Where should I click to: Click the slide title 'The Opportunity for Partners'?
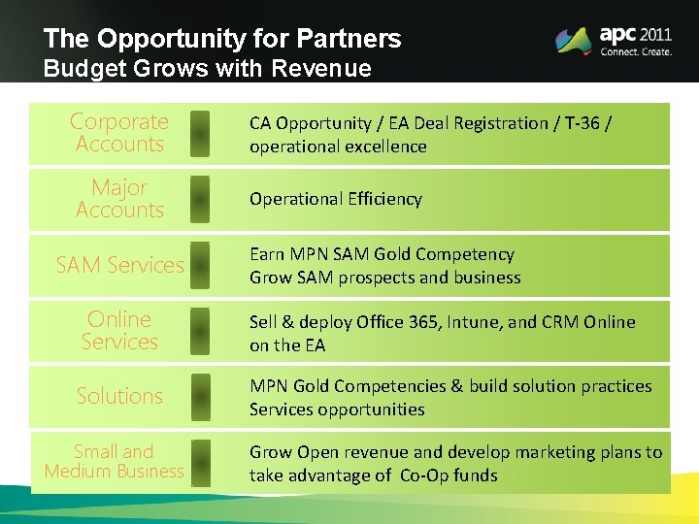[221, 39]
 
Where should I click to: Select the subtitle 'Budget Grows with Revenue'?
[207, 69]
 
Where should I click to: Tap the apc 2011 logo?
[613, 40]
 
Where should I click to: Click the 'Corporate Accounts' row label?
[119, 133]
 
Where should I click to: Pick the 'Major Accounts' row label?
[119, 199]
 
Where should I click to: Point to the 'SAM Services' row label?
[119, 265]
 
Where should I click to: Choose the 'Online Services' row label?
[119, 331]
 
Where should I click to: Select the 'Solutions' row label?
[119, 396]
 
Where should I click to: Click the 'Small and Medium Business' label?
[114, 461]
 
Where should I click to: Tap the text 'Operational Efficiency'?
[336, 199]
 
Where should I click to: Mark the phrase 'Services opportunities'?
[337, 409]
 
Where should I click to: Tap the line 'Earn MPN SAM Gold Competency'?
[382, 254]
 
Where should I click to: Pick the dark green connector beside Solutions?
[199, 396]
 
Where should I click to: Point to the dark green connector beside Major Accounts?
[199, 199]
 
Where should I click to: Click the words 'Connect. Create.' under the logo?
[636, 52]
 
